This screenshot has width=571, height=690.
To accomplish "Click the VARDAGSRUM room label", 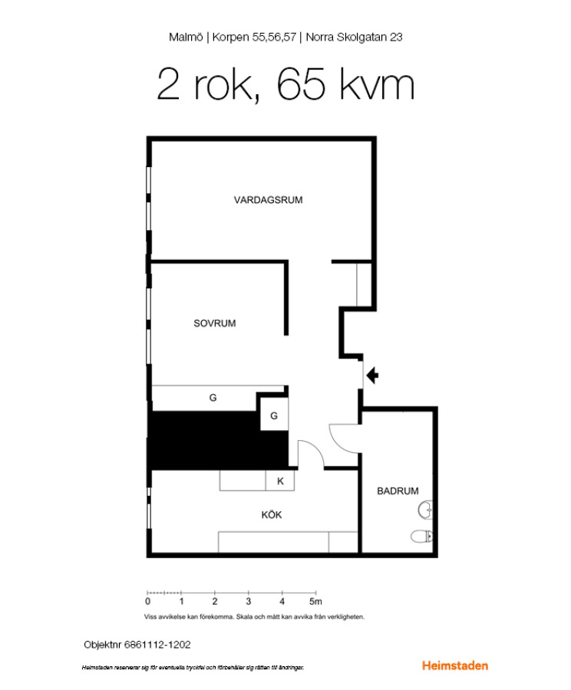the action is pyautogui.click(x=268, y=200).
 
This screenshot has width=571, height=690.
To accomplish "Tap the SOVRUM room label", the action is pyautogui.click(x=215, y=324).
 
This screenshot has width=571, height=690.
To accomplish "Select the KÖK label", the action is pyautogui.click(x=272, y=515).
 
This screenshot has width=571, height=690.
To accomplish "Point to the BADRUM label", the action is pyautogui.click(x=398, y=491).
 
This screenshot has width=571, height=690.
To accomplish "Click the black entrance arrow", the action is pyautogui.click(x=373, y=376).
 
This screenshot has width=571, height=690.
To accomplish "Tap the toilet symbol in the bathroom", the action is pyautogui.click(x=422, y=537).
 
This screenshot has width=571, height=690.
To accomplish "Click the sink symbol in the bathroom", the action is pyautogui.click(x=425, y=511).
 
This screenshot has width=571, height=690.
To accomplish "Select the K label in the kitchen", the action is pyautogui.click(x=280, y=481).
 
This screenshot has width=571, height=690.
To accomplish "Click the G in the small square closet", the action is pyautogui.click(x=273, y=416).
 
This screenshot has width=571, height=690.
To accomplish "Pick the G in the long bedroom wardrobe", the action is pyautogui.click(x=213, y=398).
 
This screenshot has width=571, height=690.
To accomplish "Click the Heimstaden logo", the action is pyautogui.click(x=454, y=665).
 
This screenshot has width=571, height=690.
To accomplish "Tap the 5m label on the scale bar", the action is pyautogui.click(x=315, y=601).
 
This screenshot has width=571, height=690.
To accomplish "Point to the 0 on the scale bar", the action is pyautogui.click(x=147, y=601).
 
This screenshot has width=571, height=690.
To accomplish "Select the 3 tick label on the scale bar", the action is pyautogui.click(x=249, y=601).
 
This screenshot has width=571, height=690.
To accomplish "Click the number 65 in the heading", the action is pyautogui.click(x=302, y=84).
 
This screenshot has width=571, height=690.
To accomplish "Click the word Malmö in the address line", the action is pyautogui.click(x=186, y=37).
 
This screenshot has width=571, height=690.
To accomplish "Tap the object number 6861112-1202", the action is pyautogui.click(x=157, y=645).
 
